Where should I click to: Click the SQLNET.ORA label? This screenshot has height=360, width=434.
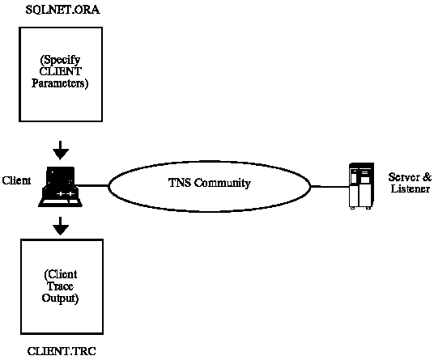[63, 10]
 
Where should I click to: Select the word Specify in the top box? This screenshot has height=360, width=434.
[61, 60]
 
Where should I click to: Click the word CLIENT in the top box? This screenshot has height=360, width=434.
[61, 72]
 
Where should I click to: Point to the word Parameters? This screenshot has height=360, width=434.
[60, 83]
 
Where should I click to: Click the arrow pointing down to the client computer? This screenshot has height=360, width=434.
[61, 150]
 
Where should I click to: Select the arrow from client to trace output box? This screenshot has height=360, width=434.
[61, 226]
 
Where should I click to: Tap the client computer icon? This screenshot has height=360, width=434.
[61, 186]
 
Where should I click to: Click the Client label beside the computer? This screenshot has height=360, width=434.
[16, 180]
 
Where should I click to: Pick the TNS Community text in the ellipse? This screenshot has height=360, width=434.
[210, 183]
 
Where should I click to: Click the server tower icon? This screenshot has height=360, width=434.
[361, 186]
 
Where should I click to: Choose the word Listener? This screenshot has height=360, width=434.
[411, 188]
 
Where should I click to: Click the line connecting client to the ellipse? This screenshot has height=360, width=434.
[92, 185]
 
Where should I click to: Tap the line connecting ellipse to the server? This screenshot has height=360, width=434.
[330, 186]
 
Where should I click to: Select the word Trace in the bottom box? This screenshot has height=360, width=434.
[60, 286]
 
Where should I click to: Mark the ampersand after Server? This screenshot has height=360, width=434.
[428, 177]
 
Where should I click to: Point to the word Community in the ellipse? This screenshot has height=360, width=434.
[223, 183]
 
